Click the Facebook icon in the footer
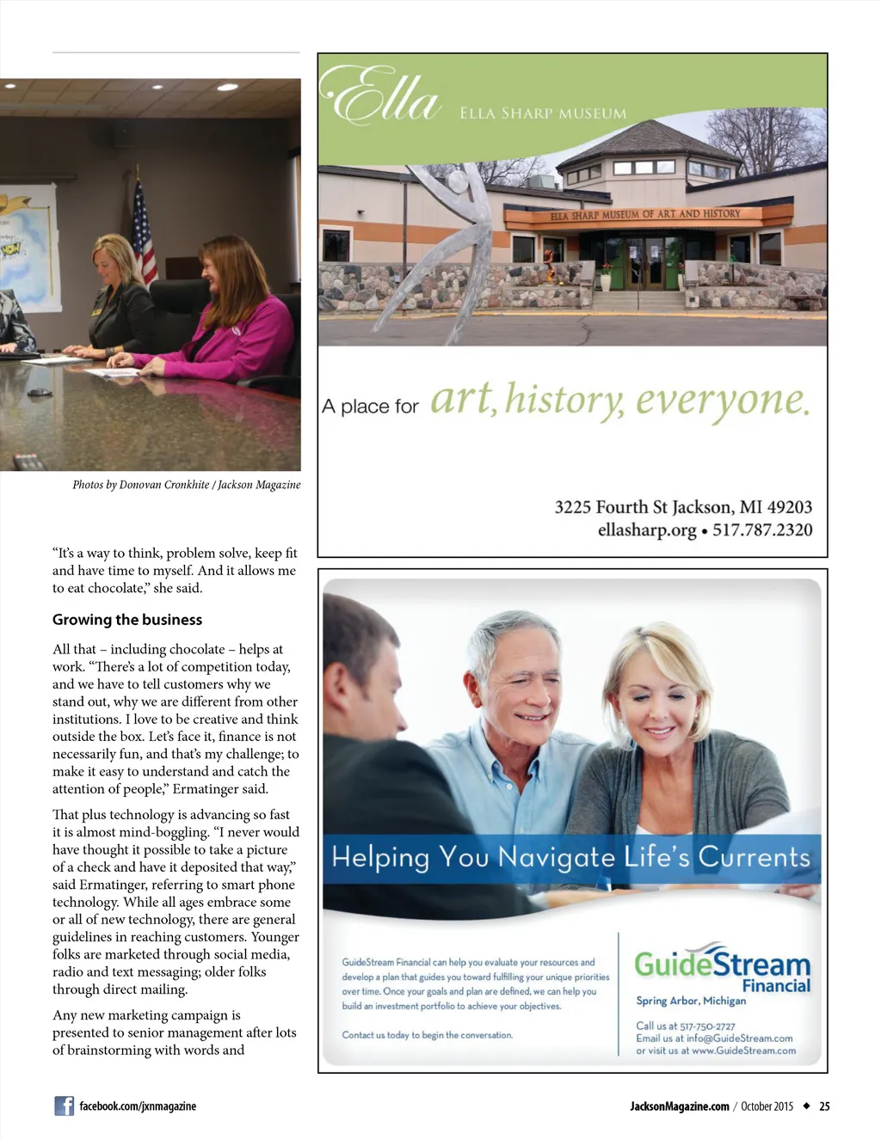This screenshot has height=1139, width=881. (64, 1106)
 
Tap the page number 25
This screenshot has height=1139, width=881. (824, 1106)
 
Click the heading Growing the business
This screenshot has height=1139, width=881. (127, 620)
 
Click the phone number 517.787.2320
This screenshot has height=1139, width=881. (761, 530)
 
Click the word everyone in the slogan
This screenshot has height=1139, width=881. (723, 401)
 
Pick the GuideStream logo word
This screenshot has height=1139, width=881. (722, 964)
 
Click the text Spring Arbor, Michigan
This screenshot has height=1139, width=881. (691, 1001)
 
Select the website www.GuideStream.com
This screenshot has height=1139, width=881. (743, 1050)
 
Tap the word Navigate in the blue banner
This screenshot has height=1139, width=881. (556, 857)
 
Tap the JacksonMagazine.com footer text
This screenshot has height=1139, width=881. (679, 1106)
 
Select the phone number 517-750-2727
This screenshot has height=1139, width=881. (707, 1026)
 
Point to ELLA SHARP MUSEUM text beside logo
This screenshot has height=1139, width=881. (543, 113)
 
